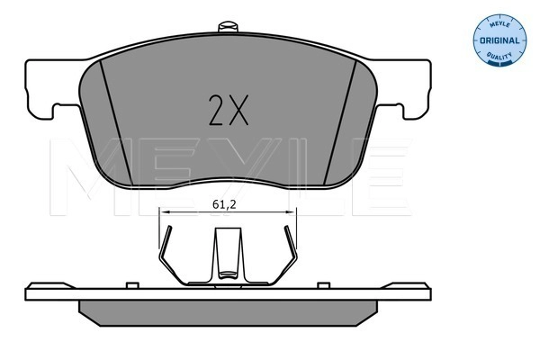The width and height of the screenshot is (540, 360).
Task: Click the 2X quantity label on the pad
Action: pyautogui.click(x=228, y=110)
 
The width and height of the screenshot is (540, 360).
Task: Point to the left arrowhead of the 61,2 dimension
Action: pyautogui.click(x=163, y=211)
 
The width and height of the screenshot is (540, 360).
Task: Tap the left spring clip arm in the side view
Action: pyautogui.click(x=166, y=256)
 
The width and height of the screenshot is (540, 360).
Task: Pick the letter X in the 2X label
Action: pyautogui.click(x=238, y=110)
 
